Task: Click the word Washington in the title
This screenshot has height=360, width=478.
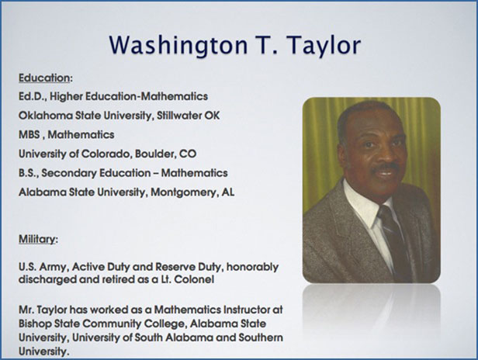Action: [x=178, y=45]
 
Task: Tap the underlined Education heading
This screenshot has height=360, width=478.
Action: [x=44, y=78]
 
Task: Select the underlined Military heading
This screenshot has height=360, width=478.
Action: [x=36, y=239]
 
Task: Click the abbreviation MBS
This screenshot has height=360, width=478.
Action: [x=29, y=134]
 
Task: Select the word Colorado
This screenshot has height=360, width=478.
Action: [x=106, y=154]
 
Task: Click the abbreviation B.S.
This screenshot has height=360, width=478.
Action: [x=29, y=173]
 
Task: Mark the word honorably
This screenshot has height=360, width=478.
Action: [x=252, y=267]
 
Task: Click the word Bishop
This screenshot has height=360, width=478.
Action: [x=35, y=324]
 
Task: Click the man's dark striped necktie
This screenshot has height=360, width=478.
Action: [x=393, y=238]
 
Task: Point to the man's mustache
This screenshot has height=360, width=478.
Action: [x=386, y=168]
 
